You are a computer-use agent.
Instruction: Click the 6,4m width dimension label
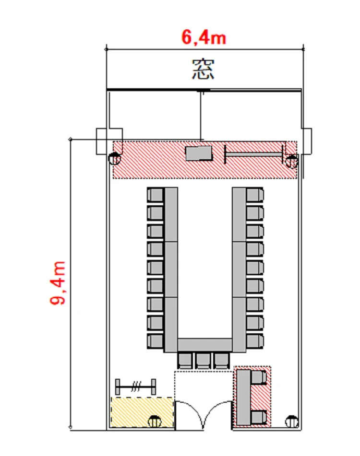pyautogui.click(x=204, y=37)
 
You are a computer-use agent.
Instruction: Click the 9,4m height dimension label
pyautogui.click(x=58, y=283)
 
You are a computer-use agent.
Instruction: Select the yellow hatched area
pyautogui.click(x=142, y=412)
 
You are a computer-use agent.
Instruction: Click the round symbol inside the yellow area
pyautogui.click(x=155, y=421)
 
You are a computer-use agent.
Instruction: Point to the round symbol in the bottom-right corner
pyautogui.click(x=292, y=422)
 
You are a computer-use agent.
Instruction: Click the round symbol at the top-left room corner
pyautogui.click(x=115, y=159)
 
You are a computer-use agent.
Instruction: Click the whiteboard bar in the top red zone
pyautogui.click(x=254, y=154)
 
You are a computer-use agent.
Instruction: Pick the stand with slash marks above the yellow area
pyautogui.click(x=136, y=387)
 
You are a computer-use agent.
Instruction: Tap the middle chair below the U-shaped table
pyautogui.click(x=203, y=360)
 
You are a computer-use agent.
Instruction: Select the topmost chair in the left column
pyautogui.click(x=156, y=195)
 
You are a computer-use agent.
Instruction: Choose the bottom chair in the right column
pyautogui.click(x=255, y=341)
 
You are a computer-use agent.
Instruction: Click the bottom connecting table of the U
pyautogui.click(x=205, y=345)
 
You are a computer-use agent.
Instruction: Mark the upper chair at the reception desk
pyautogui.click(x=259, y=377)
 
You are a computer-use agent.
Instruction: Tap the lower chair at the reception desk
pyautogui.click(x=259, y=417)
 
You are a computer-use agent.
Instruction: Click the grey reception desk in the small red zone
pyautogui.click(x=243, y=397)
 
